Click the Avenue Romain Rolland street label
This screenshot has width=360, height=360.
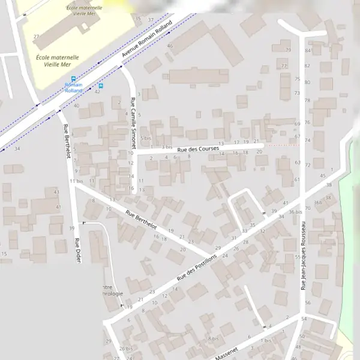[x=146, y=40]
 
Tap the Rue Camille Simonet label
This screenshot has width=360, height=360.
[x=133, y=122]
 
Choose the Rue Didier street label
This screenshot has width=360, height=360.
[x=77, y=250]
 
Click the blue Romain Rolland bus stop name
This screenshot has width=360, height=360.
[x=73, y=88]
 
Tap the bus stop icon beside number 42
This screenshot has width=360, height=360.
[x=100, y=85]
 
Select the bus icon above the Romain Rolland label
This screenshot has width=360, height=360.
[x=73, y=79]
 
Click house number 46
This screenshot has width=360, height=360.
[x=170, y=46]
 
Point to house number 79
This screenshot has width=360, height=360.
[x=289, y=50]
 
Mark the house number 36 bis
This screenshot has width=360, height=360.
[x=295, y=212]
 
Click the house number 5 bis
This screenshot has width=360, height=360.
[x=146, y=138]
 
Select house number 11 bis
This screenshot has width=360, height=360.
[x=76, y=181]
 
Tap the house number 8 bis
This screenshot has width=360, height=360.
[x=213, y=338]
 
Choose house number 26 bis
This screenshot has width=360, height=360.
[x=125, y=349]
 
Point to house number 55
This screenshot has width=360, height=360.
[x=298, y=257]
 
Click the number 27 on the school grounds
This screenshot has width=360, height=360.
[x=37, y=37]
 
